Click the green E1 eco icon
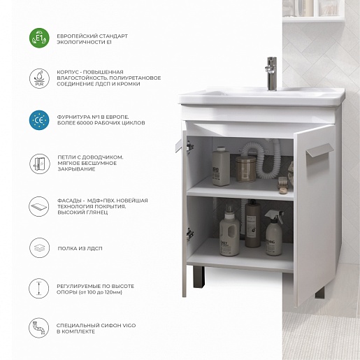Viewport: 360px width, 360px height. click(39, 38)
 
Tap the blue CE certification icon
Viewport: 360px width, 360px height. click(39, 120)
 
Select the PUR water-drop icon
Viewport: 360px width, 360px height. click(39, 79)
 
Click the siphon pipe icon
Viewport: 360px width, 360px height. click(39, 328)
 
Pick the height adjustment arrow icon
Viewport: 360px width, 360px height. click(39, 288)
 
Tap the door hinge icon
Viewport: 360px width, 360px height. click(40, 164)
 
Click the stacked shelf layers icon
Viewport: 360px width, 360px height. click(40, 247)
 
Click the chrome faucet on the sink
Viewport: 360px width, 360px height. click(271, 73)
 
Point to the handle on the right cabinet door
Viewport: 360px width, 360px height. click(319, 152)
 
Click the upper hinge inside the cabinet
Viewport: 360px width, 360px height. click(190, 147)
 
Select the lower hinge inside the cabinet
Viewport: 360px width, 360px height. click(190, 233)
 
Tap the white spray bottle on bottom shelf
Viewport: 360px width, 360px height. click(274, 233)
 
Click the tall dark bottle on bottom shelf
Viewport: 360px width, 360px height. click(253, 224)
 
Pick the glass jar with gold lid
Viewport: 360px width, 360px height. click(245, 169)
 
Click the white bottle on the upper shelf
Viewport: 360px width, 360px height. click(221, 166)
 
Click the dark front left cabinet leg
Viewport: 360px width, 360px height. click(199, 277)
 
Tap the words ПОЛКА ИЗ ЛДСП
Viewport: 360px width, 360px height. click(80, 248)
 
